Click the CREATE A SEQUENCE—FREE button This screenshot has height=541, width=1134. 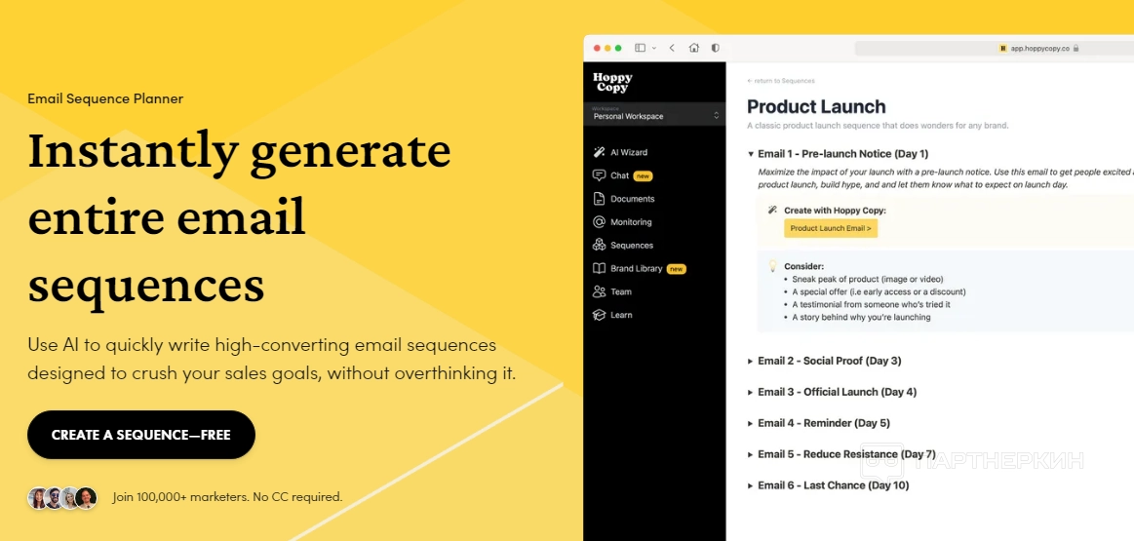pyautogui.click(x=141, y=435)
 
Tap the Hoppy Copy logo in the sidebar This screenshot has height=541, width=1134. pyautogui.click(x=611, y=83)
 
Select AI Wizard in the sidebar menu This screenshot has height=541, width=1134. pyautogui.click(x=620, y=153)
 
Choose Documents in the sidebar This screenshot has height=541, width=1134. pyautogui.click(x=623, y=199)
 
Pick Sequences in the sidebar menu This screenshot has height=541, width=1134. pyautogui.click(x=623, y=246)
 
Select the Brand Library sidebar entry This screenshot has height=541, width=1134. pyautogui.click(x=639, y=268)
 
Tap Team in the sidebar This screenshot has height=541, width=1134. pyautogui.click(x=611, y=291)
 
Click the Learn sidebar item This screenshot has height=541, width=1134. pyautogui.click(x=611, y=315)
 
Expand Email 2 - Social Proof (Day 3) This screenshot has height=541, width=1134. pyautogui.click(x=824, y=361)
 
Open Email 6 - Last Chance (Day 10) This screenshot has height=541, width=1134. pyautogui.click(x=828, y=485)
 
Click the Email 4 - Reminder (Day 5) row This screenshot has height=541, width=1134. pyautogui.click(x=818, y=423)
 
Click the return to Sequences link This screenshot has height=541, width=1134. pyautogui.click(x=780, y=81)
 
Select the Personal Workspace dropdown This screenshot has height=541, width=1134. pyautogui.click(x=654, y=114)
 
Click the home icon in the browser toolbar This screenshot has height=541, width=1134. pyautogui.click(x=693, y=48)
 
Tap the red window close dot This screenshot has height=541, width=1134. pyautogui.click(x=598, y=49)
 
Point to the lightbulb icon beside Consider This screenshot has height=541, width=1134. pyautogui.click(x=772, y=265)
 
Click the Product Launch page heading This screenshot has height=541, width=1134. pyautogui.click(x=816, y=106)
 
